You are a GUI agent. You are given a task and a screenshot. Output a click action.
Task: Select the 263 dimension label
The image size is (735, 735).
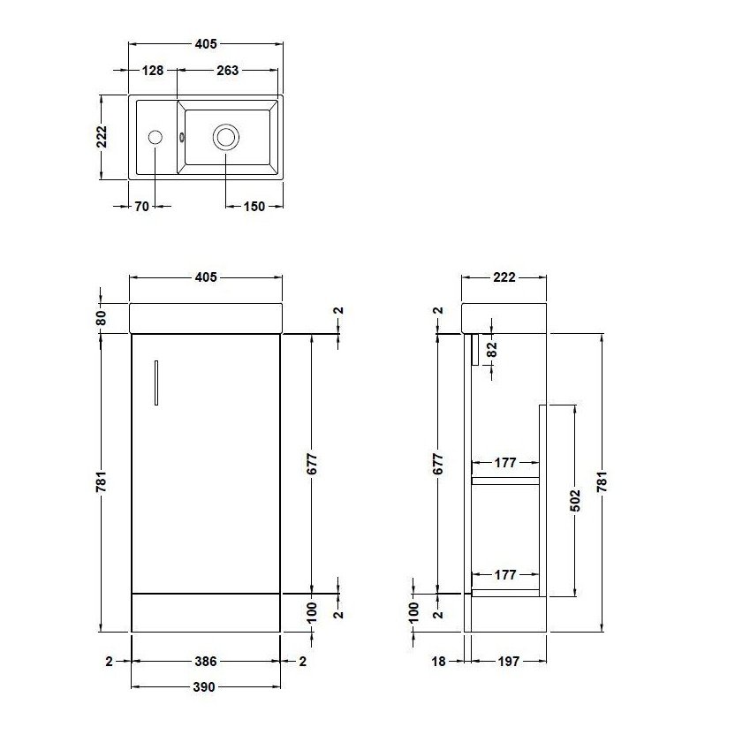pos(227,71)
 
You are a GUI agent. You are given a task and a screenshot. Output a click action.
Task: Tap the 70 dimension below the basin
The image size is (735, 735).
pos(141,207)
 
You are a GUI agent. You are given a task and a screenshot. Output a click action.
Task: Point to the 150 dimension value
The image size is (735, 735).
pos(254,207)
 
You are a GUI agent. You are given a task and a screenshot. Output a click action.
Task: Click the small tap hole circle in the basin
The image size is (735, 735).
pos(155,137)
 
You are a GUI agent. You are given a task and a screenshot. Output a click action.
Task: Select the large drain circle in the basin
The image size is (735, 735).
pos(226,137)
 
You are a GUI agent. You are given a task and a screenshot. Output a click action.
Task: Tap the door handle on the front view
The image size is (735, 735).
pos(155,383)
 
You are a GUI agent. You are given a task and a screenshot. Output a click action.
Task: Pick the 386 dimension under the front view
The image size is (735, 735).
pos(205,661)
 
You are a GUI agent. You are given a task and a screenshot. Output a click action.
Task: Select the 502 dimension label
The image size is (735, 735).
pos(575,499)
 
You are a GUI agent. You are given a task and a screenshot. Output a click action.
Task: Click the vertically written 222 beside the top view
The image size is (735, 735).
pos(102,137)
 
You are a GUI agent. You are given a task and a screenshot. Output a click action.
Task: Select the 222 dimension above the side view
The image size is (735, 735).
pos(504,277)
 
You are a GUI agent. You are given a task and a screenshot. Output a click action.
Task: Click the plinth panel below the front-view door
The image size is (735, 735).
pos(205,611)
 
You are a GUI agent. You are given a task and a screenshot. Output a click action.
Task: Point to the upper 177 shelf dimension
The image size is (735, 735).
pos(504,462)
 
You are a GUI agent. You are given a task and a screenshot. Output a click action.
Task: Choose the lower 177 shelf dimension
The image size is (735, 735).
pos(504,575)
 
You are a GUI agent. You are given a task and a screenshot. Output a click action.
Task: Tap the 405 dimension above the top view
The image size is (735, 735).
pos(205,43)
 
